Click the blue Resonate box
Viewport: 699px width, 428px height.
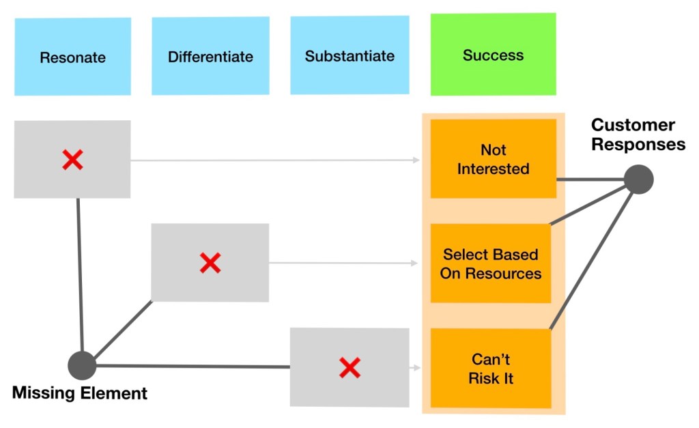point(72,57)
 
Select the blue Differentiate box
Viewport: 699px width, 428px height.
point(210,56)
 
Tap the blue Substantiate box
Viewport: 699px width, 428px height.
point(349,55)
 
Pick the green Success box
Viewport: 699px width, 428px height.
point(493,55)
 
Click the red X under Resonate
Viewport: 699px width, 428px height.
point(72,160)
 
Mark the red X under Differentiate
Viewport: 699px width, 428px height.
point(210,263)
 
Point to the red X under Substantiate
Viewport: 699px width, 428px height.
point(349,368)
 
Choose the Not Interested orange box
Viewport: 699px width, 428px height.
point(493,159)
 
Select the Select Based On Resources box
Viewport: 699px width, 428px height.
point(491,263)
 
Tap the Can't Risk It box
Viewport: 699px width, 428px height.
point(491,368)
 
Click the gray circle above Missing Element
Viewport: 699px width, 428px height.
point(82,366)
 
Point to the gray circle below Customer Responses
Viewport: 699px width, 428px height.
point(639,180)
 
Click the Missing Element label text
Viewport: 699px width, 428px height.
point(80,393)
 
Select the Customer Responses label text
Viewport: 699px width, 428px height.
point(638,134)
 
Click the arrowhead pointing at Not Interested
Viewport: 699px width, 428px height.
point(416,160)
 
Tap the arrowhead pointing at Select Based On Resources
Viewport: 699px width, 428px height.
point(415,263)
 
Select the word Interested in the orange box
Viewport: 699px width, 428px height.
point(493,168)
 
